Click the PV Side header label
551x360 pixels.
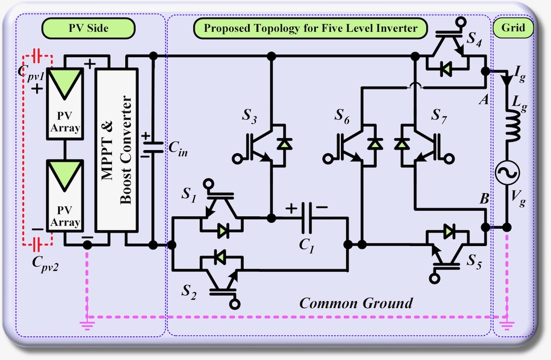pyautogui.click(x=88, y=28)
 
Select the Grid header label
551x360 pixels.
pyautogui.click(x=514, y=28)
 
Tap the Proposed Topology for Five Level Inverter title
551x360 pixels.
pyautogui.click(x=310, y=28)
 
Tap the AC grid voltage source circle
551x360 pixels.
pyautogui.click(x=507, y=173)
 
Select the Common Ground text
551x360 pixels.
pyautogui.click(x=356, y=303)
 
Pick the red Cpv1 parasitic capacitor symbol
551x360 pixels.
pyautogui.click(x=37, y=55)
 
